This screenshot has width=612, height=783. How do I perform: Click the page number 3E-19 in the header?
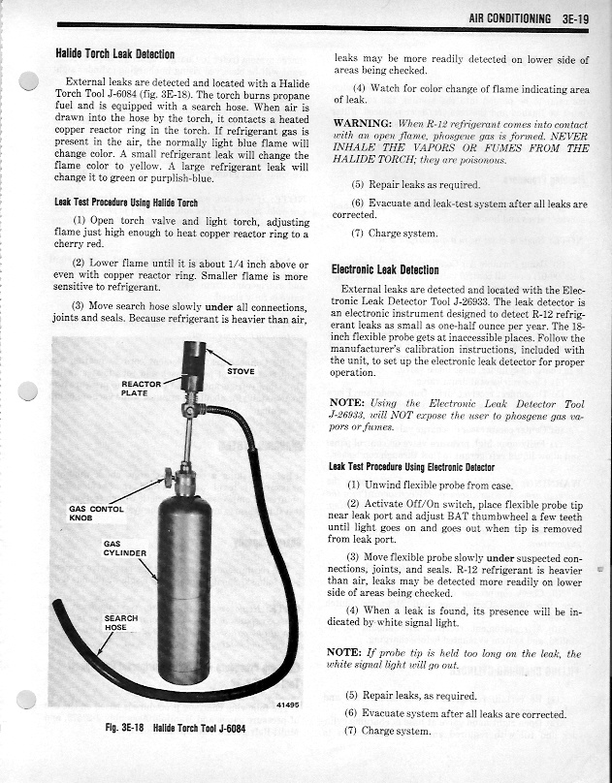click(576, 17)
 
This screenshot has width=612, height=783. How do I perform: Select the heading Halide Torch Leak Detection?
click(114, 54)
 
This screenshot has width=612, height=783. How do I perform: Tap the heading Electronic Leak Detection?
click(385, 269)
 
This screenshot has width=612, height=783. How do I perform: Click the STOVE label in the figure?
click(242, 370)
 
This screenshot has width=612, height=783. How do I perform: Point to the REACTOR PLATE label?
click(141, 389)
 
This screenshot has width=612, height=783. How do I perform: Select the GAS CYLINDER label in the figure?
click(124, 549)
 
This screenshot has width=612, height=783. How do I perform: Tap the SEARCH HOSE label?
click(120, 623)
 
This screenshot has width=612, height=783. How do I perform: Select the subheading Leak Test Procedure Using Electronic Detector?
click(411, 466)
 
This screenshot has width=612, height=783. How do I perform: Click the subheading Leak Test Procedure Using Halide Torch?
click(126, 202)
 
